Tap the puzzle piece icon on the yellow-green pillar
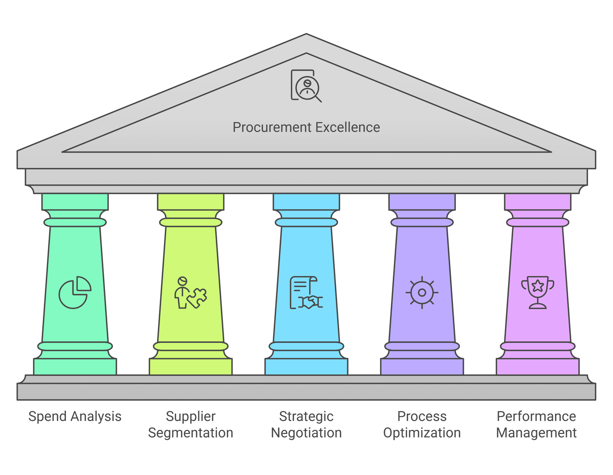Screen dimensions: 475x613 point(190,293)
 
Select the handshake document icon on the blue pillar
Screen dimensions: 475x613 point(306,293)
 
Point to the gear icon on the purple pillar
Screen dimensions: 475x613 point(422,293)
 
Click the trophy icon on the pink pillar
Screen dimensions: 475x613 point(538,292)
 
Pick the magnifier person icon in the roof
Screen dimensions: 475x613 point(306,86)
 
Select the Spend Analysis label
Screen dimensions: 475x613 point(75,416)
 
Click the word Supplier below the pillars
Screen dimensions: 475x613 point(190,416)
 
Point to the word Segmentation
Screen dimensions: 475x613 point(190,433)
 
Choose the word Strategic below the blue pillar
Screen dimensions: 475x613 point(306,416)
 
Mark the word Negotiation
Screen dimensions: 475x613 point(306,433)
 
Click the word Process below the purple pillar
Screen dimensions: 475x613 point(422,416)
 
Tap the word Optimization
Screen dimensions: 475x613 point(422,433)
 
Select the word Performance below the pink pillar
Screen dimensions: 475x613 point(536,416)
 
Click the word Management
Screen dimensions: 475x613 point(536,433)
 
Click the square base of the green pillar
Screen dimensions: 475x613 point(75,367)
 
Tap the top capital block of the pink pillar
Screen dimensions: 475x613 point(538,201)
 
